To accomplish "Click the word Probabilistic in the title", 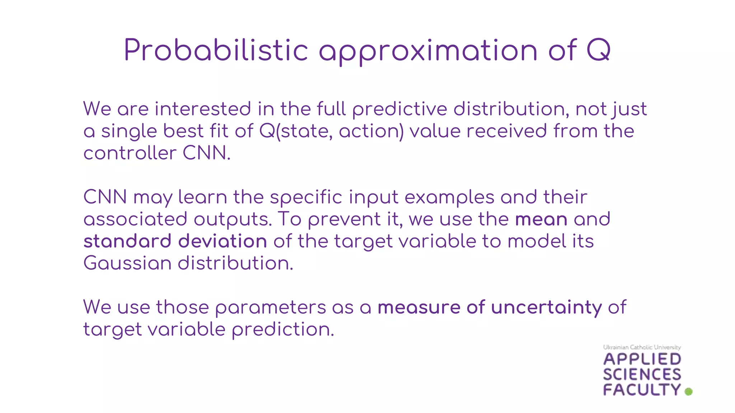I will point(216,50).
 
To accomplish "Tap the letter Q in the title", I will point(598,50).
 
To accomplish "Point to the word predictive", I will point(399,109).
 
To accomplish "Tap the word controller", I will point(130,153).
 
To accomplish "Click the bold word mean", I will point(541,219).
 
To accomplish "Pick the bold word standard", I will point(127,241).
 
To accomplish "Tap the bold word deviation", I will point(223,241).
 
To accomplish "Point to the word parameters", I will point(271,308).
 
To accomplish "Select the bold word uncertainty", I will point(546,308).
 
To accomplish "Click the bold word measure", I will point(419,308).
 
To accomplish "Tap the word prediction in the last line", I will point(283,329).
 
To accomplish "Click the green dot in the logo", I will point(688,391).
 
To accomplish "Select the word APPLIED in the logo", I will point(642,359).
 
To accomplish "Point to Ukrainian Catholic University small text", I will point(642,347).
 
